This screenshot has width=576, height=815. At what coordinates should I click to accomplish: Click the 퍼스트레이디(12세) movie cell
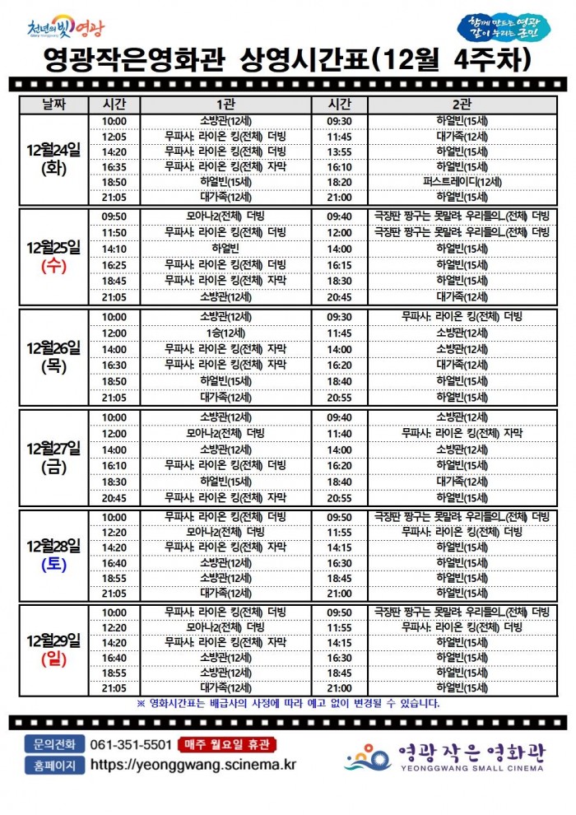[462, 182]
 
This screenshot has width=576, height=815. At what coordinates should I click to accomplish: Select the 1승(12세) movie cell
[225, 333]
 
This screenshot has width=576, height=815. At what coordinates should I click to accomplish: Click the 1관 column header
[225, 105]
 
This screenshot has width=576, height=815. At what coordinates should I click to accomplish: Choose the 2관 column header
[462, 105]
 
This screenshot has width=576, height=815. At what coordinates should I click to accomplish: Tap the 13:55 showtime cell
[339, 151]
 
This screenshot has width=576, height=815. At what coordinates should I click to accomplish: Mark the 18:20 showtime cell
[339, 182]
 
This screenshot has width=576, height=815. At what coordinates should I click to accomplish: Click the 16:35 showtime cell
[114, 166]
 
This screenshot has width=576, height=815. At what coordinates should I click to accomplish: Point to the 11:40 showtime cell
[339, 433]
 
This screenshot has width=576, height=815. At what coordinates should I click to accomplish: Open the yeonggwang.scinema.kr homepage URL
[193, 765]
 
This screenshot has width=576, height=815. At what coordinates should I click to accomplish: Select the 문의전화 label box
[54, 744]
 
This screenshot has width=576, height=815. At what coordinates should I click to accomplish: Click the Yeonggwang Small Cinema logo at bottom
[444, 756]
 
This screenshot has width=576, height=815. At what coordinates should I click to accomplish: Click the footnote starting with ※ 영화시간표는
[288, 703]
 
